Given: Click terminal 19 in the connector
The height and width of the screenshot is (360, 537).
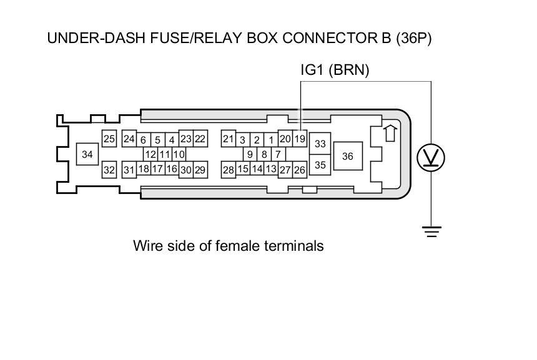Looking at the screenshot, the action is coord(300,139).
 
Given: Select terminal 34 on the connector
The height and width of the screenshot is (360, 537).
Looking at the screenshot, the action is coord(87,154).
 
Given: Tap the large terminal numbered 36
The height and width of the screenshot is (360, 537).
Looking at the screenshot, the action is coord(348,156).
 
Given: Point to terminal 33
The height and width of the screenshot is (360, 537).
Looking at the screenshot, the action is coord(320,144).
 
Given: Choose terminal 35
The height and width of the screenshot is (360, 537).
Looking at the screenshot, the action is coord(320,165).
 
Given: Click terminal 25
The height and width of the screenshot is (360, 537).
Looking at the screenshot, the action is coord(109,139).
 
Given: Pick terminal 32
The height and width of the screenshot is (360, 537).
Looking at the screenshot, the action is coord(109,170).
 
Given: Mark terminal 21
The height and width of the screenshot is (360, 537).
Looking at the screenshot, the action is coord(228,139).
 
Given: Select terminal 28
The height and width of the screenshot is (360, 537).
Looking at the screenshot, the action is coord(228,170).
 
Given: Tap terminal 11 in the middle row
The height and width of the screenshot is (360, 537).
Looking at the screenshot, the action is coord(165,154).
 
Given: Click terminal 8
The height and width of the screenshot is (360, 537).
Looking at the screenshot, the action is coord(264,154).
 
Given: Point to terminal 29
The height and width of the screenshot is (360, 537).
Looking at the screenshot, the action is coord(200,170).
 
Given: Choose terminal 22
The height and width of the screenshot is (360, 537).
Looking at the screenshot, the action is coord(200,139).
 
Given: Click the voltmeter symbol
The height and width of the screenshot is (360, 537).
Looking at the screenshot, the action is coord(431,158).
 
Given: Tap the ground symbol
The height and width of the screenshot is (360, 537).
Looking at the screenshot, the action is coord(431,231).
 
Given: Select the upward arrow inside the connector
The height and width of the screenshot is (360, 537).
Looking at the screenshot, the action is coord(390,133).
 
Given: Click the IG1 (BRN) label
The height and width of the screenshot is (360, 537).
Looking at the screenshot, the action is coord(335,70).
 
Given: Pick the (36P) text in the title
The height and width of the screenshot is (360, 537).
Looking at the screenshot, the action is coord(414,38).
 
